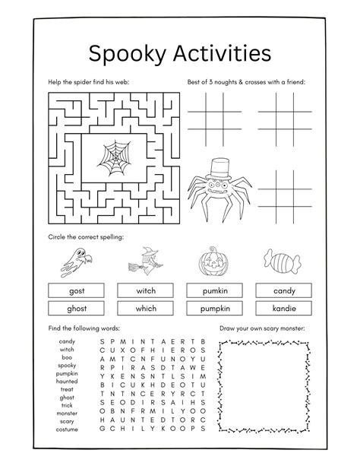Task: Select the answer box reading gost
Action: coord(76,290)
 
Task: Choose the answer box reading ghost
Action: coord(76,308)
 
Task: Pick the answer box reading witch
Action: coord(146,290)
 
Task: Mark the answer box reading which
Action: coord(146,308)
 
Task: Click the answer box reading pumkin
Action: coord(216,290)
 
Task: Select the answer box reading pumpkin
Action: coord(216,308)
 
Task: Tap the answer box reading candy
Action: coord(284,290)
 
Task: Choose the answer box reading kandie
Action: coord(284,308)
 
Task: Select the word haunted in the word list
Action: coord(67,381)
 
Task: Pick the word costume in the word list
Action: coord(67,430)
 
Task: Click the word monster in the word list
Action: coord(67,414)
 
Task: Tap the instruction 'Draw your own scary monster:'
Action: coord(261,328)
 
